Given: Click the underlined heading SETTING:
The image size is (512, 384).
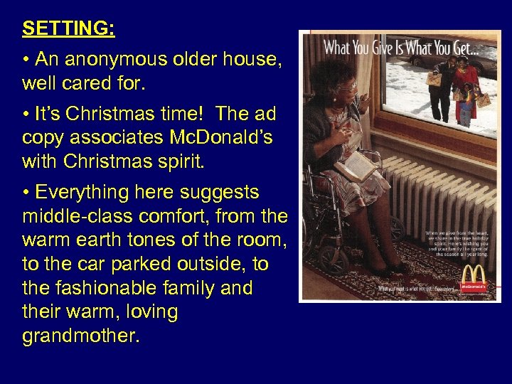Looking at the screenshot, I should point(68,29).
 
